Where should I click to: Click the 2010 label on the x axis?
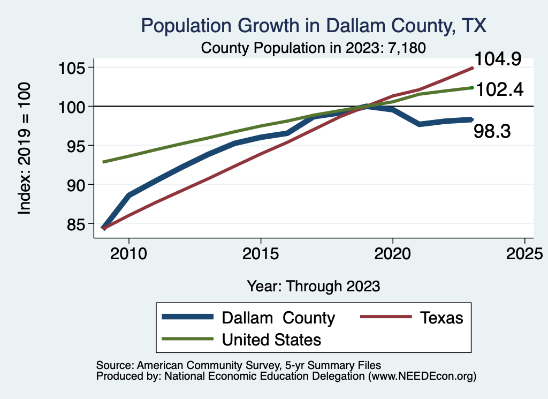(128, 253)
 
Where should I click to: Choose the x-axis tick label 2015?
(261, 253)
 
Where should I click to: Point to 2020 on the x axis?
(393, 253)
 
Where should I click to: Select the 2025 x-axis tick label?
(524, 253)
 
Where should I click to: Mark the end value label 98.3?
(492, 131)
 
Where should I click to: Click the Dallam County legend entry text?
(278, 318)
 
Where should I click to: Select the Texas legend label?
(442, 318)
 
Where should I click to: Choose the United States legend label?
(271, 339)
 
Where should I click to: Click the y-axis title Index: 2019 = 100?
(25, 148)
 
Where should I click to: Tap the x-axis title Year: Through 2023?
(314, 285)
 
